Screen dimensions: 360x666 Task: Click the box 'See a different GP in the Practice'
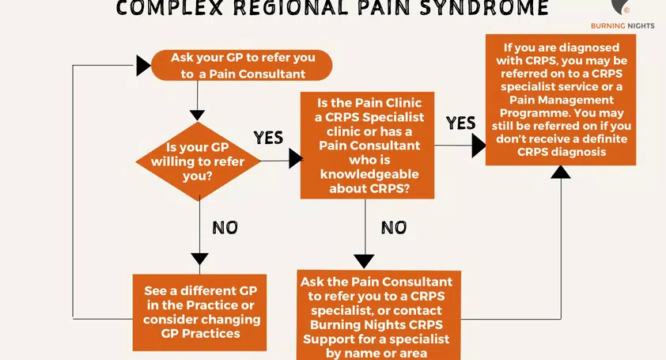(x=201, y=306)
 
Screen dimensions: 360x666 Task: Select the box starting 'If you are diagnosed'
(x=560, y=100)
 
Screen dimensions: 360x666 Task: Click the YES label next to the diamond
(x=268, y=138)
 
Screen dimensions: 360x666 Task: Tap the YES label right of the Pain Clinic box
(x=460, y=123)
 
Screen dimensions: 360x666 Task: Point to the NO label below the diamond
(x=225, y=228)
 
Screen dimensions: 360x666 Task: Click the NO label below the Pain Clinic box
(x=394, y=228)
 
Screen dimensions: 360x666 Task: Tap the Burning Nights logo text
(x=624, y=26)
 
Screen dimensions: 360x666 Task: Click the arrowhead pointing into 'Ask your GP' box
(x=143, y=66)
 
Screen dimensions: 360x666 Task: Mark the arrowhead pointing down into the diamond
(x=200, y=113)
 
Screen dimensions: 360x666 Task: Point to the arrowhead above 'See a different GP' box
(x=200, y=258)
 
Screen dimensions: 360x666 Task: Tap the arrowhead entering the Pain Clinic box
(x=295, y=159)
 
